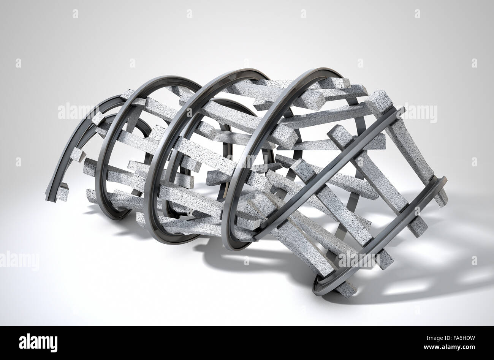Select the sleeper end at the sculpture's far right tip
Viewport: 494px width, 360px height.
(x=441, y=199)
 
